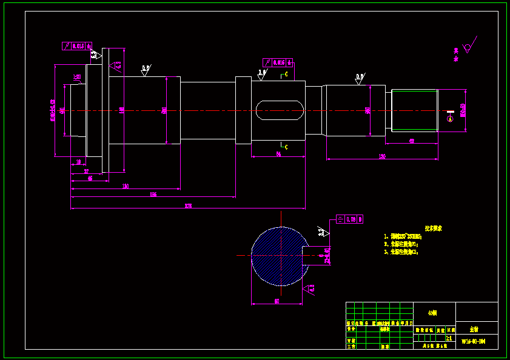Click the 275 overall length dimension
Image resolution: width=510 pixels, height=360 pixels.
(188, 206)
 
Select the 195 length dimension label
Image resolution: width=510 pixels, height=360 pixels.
(153, 194)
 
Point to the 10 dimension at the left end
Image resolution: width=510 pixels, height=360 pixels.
(78, 162)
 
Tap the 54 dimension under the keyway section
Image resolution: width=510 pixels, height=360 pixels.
(278, 155)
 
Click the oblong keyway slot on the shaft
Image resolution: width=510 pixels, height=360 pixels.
(279, 110)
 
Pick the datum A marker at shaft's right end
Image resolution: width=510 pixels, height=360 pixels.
(450, 119)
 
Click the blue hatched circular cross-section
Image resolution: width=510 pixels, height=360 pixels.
(277, 256)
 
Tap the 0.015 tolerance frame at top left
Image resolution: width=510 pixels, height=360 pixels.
(76, 45)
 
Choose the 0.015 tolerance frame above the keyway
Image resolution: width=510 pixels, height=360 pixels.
(277, 62)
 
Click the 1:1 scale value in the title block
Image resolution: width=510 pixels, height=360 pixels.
(449, 338)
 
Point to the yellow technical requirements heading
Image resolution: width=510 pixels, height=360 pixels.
(433, 229)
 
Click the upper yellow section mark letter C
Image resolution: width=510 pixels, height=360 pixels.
(286, 75)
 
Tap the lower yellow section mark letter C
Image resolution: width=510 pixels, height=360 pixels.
(286, 147)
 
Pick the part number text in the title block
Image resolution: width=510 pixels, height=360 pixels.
(473, 342)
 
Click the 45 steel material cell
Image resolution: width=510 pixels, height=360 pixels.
(432, 313)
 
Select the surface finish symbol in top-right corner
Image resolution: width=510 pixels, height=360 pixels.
(468, 47)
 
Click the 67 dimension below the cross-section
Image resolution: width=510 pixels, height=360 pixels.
(277, 301)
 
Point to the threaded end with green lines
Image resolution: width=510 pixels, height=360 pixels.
(414, 110)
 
